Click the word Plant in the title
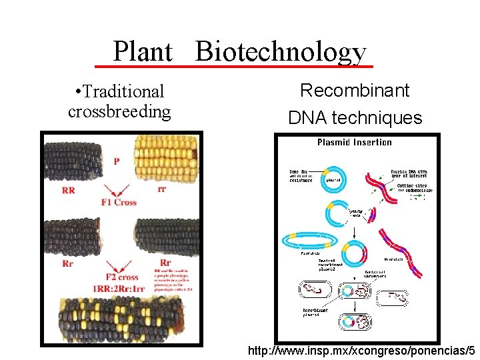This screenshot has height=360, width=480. (x=143, y=51)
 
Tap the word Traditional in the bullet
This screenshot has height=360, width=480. (x=125, y=91)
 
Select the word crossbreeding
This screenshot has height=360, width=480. (x=119, y=111)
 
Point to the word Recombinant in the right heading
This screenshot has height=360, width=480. (x=355, y=90)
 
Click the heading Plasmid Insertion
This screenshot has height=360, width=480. (x=354, y=142)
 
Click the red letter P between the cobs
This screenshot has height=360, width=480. (x=116, y=161)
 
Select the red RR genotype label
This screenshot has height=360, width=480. (x=68, y=191)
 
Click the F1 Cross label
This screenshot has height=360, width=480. (x=118, y=203)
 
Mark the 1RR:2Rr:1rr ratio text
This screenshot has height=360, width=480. (x=119, y=289)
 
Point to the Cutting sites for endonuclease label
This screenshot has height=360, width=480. (x=414, y=189)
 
